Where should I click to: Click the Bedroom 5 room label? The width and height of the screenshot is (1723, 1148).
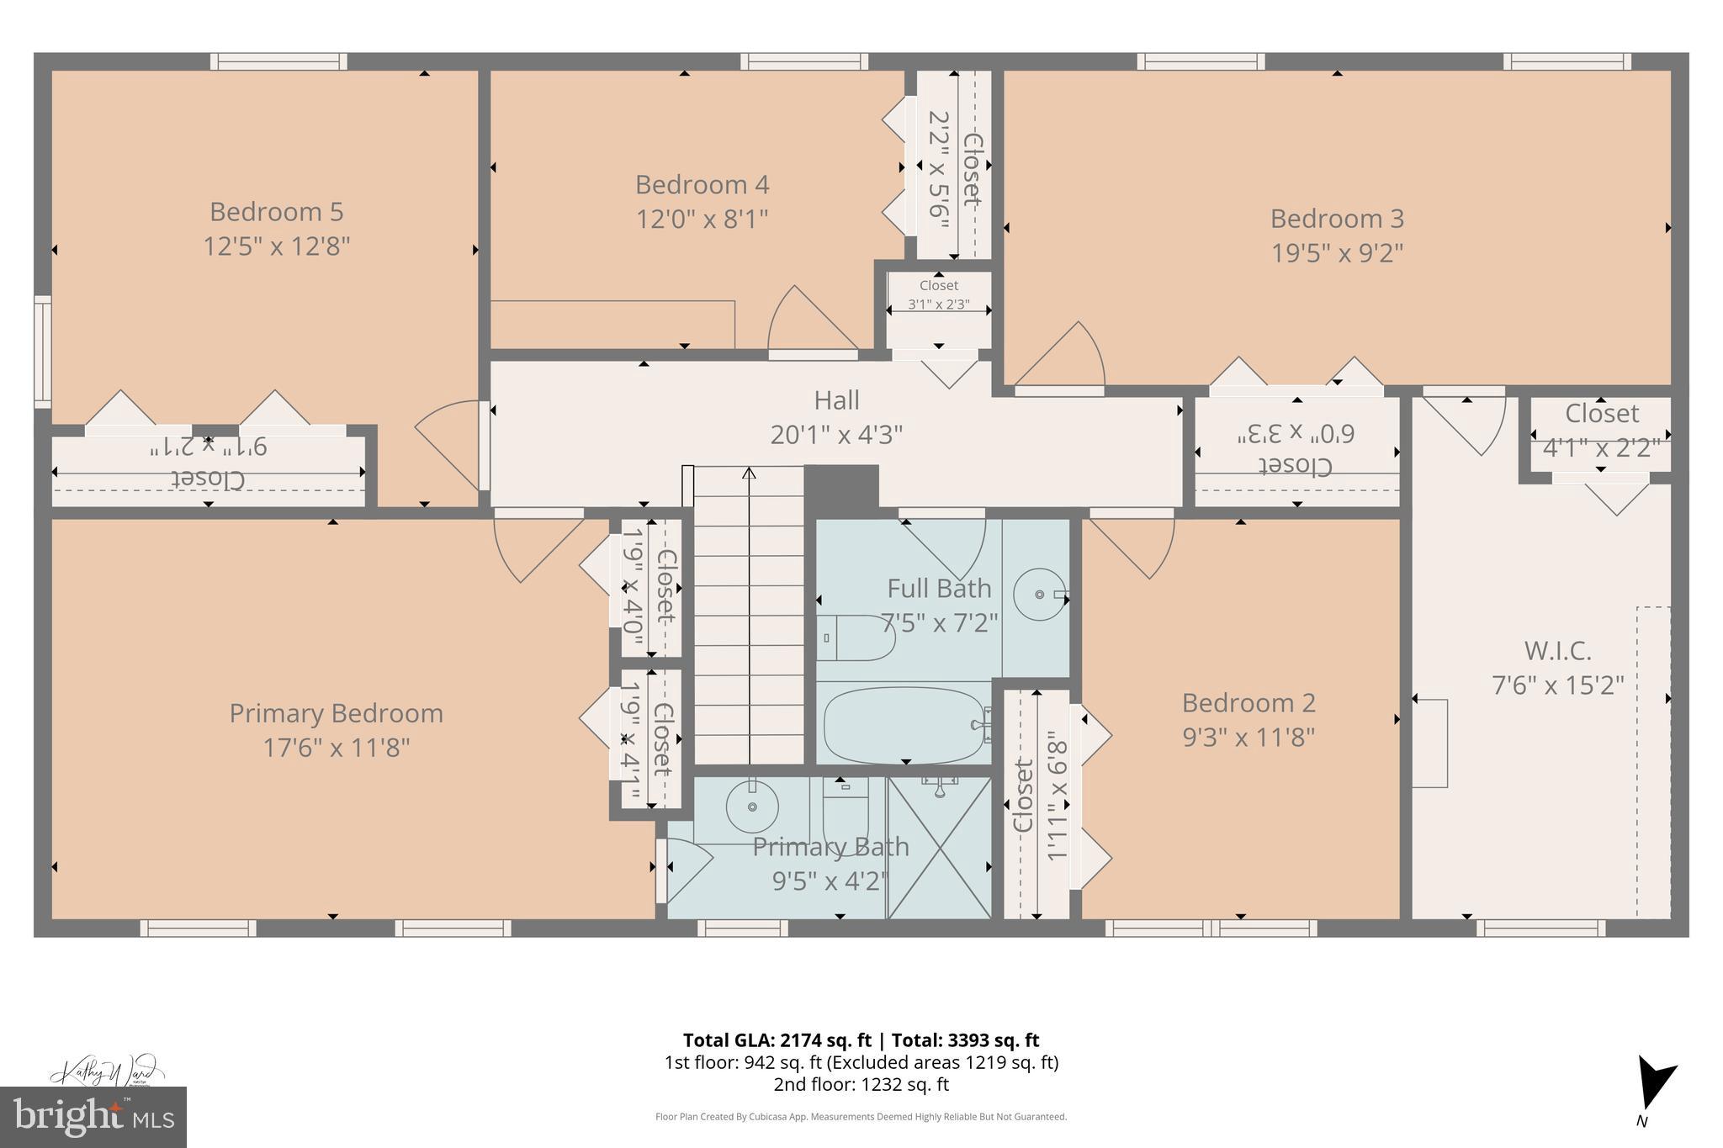(276, 211)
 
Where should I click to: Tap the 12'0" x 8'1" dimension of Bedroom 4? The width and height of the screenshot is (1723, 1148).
(702, 220)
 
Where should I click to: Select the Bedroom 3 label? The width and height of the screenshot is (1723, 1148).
(1337, 219)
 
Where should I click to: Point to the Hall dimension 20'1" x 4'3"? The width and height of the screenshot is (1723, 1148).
(836, 435)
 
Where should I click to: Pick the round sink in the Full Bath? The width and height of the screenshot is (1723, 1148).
(1040, 594)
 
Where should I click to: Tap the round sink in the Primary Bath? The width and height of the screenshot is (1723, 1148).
(751, 807)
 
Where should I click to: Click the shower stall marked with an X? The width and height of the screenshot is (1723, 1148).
(940, 848)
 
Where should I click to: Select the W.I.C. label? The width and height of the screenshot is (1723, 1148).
(1557, 651)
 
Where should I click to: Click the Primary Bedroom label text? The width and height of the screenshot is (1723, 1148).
(336, 713)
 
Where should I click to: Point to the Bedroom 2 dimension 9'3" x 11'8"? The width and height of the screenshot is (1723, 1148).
(1249, 738)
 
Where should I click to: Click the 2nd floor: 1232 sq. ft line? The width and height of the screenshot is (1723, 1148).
(861, 1085)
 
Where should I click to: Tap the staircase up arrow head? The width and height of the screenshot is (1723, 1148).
(749, 473)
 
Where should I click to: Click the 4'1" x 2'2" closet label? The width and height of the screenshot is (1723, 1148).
(1601, 447)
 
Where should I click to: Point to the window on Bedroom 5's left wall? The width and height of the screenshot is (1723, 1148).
(42, 352)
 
